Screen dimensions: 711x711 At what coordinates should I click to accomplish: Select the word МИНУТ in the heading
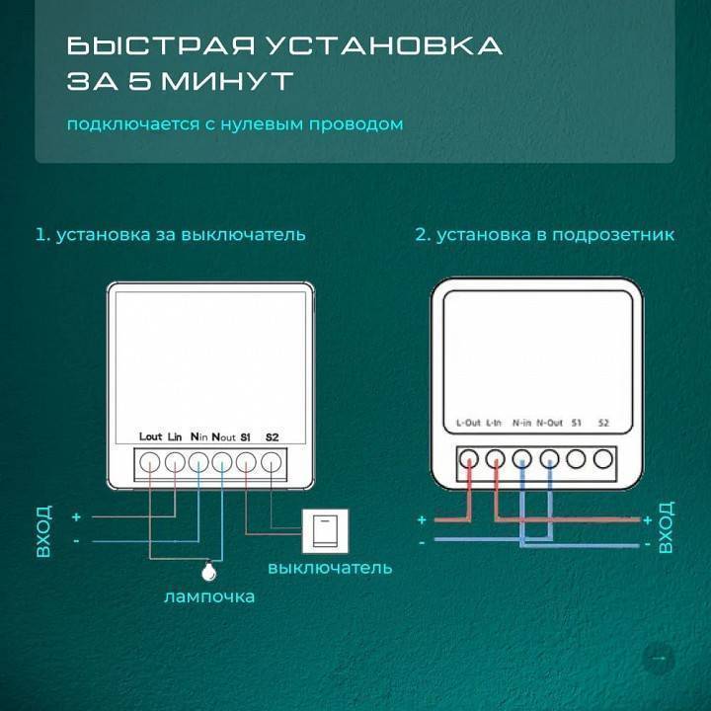[x=228, y=82]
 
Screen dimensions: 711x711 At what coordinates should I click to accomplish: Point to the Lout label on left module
[x=150, y=435]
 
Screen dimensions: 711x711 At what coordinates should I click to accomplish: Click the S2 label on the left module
[x=272, y=435]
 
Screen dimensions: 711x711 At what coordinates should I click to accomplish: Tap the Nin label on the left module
[x=197, y=435]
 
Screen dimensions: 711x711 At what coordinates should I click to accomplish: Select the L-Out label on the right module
[x=468, y=423]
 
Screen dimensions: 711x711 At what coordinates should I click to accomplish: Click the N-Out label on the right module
[x=549, y=423]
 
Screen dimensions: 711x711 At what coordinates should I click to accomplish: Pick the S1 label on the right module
[x=577, y=423]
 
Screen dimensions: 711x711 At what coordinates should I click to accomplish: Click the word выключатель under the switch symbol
[x=330, y=568]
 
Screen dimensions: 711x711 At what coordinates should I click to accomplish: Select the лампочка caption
[x=209, y=596]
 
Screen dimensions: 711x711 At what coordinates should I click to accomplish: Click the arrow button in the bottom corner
[x=659, y=658]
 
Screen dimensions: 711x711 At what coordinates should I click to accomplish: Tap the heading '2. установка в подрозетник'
[x=544, y=235]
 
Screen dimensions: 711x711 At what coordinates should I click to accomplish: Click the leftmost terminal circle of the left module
[x=150, y=461]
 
